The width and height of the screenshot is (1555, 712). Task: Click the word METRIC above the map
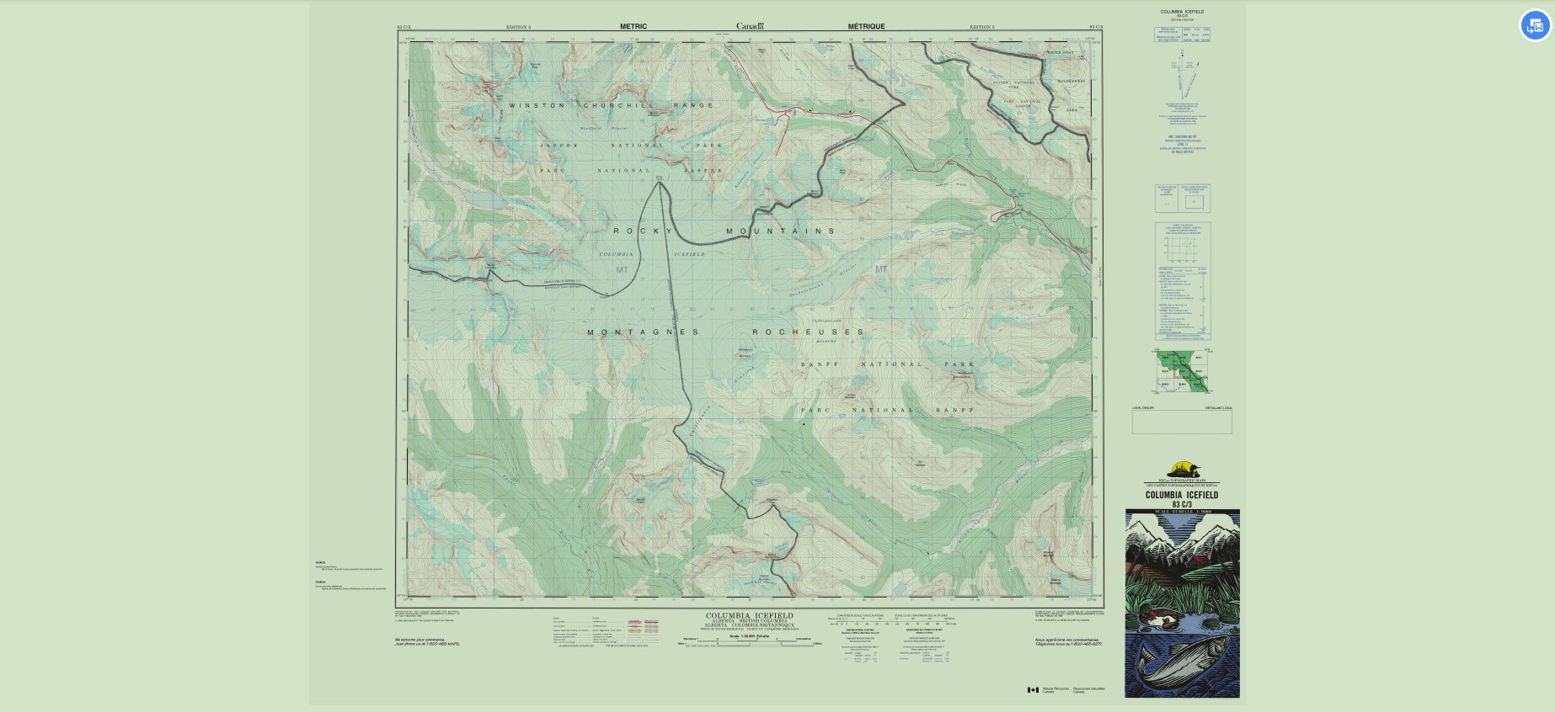tap(633, 27)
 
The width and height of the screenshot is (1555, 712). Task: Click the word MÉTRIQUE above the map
tap(866, 27)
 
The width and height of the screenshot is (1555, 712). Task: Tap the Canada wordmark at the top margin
tap(750, 26)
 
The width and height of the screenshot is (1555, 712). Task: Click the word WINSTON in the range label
tap(537, 106)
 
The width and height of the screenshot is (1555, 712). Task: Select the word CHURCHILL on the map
tap(619, 106)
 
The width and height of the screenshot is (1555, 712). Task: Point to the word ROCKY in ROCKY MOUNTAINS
tap(643, 231)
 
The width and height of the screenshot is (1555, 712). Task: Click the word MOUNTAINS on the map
tap(780, 231)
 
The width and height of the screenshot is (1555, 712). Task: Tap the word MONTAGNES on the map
tap(643, 332)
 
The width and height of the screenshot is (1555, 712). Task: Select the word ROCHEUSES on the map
tap(808, 332)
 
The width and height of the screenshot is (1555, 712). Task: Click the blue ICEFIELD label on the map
tap(689, 254)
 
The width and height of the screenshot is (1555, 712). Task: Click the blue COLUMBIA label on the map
tap(616, 254)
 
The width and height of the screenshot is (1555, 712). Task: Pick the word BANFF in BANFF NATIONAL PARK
tap(819, 364)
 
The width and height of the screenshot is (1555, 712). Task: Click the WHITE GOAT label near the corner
tap(1060, 52)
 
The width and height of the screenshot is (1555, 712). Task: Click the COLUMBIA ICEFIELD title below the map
tap(749, 615)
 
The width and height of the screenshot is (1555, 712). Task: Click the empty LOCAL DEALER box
tap(1182, 422)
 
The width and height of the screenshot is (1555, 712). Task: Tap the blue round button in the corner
tap(1535, 25)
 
